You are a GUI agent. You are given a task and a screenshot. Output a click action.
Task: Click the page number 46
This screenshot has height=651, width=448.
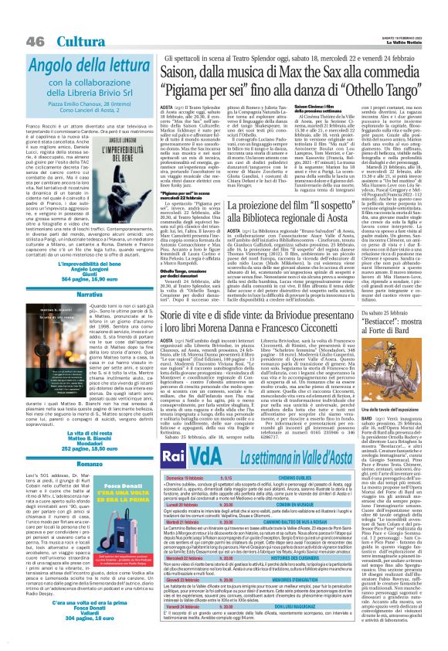click(14, 19)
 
